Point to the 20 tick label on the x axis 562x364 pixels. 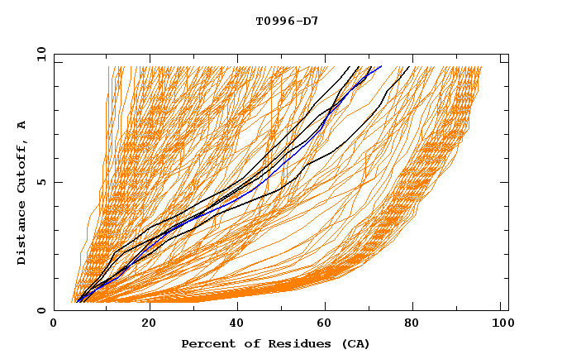pyautogui.click(x=148, y=323)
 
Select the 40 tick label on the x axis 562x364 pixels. pyautogui.click(x=238, y=323)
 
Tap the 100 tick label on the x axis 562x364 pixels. pyautogui.click(x=500, y=323)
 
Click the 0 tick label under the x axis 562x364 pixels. pyautogui.click(x=54, y=323)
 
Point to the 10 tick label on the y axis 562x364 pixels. pyautogui.click(x=39, y=54)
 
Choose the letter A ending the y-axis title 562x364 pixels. pyautogui.click(x=21, y=124)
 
